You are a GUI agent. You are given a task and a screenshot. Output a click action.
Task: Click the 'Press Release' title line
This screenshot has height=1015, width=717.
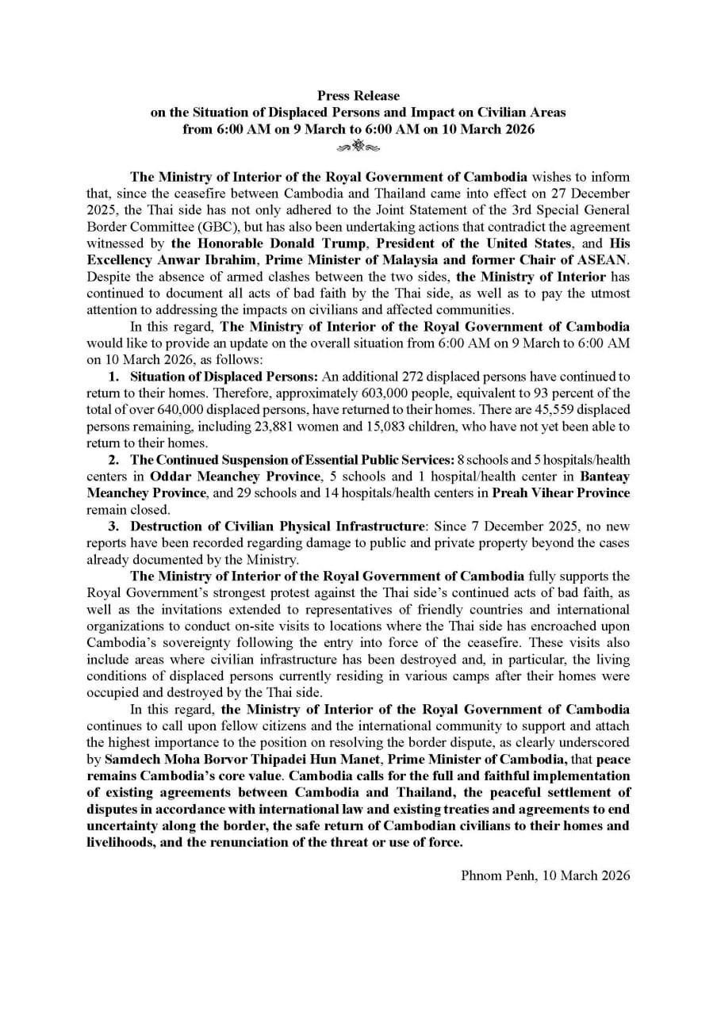point(358,96)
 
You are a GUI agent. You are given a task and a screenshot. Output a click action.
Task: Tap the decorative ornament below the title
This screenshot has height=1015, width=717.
point(358,146)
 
